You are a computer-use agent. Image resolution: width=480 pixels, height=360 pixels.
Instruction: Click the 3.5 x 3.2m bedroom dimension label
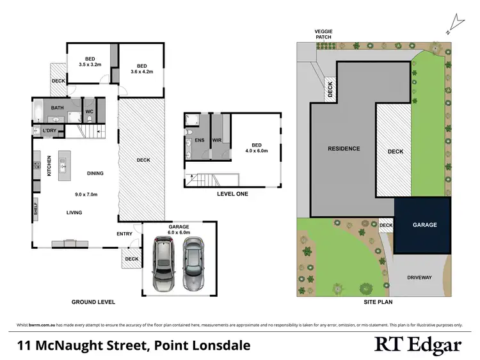coord(90,65)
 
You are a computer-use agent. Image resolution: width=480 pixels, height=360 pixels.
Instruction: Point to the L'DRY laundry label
coord(50,132)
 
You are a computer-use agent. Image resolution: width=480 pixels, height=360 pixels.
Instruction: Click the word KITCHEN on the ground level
coord(49,166)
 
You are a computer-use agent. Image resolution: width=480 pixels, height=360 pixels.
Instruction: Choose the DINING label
coord(95,173)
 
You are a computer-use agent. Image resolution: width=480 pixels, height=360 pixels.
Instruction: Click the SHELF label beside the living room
coord(36,209)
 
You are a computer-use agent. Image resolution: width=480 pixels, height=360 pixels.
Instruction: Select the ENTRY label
coord(124,234)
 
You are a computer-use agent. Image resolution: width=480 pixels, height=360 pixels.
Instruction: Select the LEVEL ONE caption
coord(232,194)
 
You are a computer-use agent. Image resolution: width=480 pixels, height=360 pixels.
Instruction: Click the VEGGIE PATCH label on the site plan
coord(324,34)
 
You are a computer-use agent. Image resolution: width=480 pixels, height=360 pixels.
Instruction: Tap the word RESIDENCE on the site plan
coord(344,149)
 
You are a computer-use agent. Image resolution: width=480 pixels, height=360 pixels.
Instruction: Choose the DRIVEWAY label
coord(420,278)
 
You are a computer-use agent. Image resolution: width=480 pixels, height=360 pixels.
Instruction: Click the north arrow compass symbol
coord(456,24)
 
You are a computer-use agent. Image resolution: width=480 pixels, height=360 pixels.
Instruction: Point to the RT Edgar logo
coord(417,346)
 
